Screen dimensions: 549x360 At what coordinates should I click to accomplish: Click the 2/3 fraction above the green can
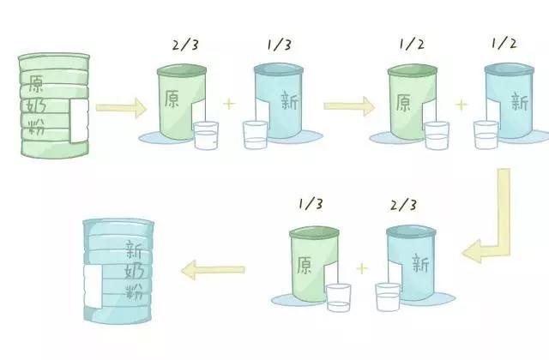(185, 45)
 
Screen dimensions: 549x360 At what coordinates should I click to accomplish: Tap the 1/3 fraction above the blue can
(279, 45)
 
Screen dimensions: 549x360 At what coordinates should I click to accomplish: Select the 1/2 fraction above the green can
(412, 44)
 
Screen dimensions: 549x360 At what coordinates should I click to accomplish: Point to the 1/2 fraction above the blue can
(504, 44)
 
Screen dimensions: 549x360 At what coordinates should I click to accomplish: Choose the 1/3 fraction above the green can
(311, 204)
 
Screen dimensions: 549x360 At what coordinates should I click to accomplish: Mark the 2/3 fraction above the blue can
(404, 205)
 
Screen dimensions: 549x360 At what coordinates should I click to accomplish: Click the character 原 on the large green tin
(36, 83)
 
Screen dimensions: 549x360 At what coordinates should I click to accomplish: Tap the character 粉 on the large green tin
(36, 127)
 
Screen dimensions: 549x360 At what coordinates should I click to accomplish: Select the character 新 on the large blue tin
(134, 249)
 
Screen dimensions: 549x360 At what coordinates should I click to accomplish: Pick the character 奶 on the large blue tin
(134, 271)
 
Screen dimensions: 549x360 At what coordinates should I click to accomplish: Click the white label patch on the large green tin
(79, 121)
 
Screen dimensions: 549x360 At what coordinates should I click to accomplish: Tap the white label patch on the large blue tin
(93, 286)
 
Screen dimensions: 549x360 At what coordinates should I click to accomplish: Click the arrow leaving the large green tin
(121, 108)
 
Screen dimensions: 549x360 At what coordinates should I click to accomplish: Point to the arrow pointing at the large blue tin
(214, 270)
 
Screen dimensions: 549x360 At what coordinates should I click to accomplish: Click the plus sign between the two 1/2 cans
(462, 105)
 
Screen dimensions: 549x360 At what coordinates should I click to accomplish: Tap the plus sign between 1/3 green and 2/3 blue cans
(362, 268)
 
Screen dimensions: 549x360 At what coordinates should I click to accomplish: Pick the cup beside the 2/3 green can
(206, 135)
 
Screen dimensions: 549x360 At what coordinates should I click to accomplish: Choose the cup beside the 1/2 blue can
(486, 135)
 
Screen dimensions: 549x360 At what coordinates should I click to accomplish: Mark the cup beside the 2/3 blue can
(388, 297)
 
